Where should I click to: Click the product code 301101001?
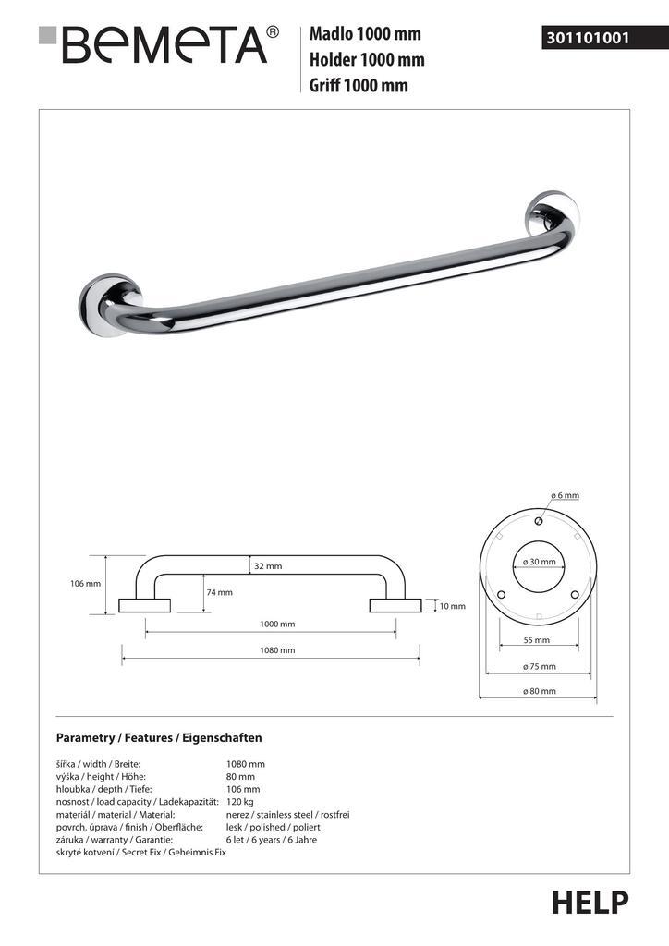click(588, 39)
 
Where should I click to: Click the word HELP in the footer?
click(590, 902)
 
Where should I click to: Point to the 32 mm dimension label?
click(267, 566)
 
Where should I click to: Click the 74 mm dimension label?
click(219, 592)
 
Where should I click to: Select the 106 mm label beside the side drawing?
click(85, 584)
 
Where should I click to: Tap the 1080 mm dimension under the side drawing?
click(277, 650)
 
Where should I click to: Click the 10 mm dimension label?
click(452, 606)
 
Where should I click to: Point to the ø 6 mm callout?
click(565, 496)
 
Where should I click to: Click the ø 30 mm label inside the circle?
click(539, 562)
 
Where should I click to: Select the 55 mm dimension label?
click(536, 639)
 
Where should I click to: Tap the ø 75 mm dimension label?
click(539, 666)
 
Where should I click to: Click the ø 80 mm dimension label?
click(539, 691)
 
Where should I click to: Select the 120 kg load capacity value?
click(239, 802)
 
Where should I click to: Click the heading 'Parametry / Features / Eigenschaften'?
click(159, 738)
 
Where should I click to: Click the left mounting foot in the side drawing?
click(145, 606)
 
